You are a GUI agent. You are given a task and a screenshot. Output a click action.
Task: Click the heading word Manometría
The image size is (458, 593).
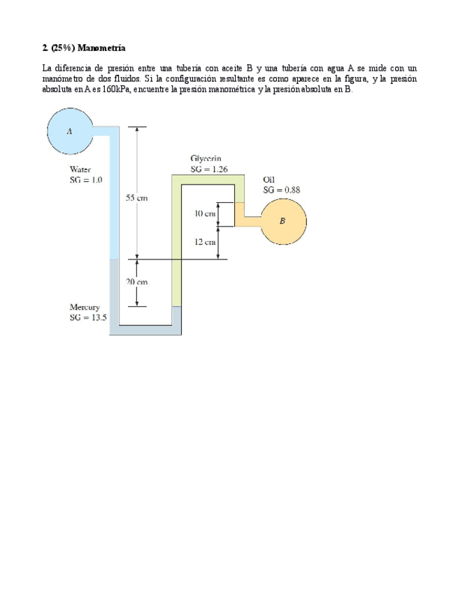[x=101, y=48]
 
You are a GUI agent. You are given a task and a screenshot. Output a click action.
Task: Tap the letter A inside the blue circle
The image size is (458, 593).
[x=69, y=130]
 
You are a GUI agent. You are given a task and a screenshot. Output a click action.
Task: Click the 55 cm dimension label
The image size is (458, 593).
[x=136, y=198]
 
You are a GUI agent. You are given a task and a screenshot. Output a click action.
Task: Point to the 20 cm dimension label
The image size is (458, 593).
[x=136, y=281]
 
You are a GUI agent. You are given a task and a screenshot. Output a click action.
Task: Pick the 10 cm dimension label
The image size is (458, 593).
[x=205, y=213]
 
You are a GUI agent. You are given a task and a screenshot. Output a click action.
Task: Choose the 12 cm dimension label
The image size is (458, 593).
[x=205, y=241]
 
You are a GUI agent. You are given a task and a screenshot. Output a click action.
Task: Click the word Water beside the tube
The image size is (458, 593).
[x=80, y=169]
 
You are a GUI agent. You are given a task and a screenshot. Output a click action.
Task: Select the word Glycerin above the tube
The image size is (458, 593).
[x=206, y=159]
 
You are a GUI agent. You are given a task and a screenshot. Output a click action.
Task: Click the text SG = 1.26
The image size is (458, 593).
[x=209, y=169]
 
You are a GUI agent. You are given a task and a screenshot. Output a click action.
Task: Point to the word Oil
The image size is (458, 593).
[x=269, y=179]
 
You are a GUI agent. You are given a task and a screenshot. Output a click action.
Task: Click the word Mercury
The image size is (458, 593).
[x=85, y=307]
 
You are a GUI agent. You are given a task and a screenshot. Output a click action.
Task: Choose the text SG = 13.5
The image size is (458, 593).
[x=88, y=317]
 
